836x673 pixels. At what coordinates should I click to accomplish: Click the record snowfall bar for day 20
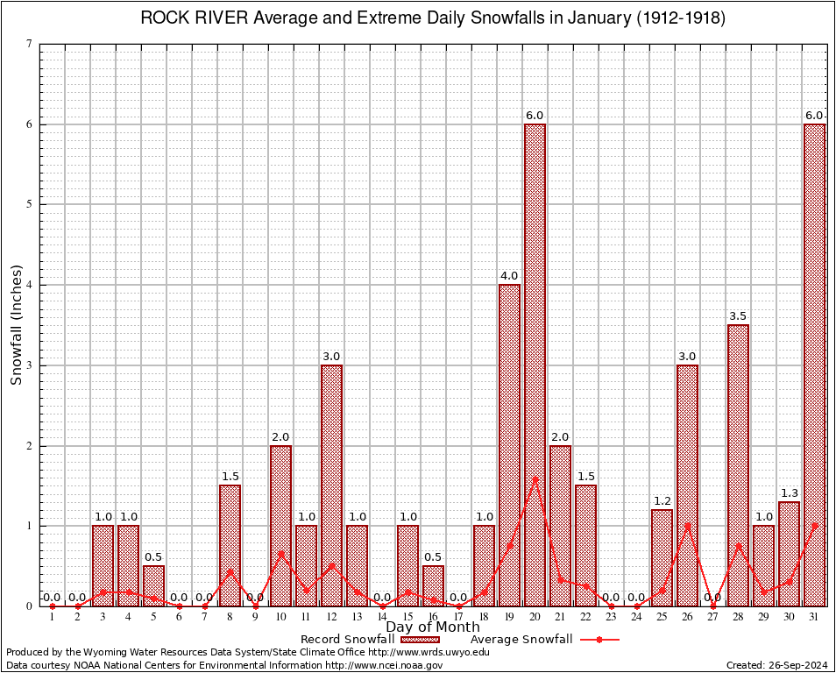click(535, 365)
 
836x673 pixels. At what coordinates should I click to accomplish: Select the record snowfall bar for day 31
click(814, 365)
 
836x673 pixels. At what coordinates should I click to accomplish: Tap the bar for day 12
click(331, 485)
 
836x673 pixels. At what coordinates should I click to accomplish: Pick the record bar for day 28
click(738, 465)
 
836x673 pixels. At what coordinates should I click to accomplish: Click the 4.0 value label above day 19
click(509, 276)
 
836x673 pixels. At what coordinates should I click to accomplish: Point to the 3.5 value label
click(738, 316)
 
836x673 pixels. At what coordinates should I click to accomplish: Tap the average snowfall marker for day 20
click(535, 479)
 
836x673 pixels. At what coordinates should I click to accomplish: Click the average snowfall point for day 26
click(687, 526)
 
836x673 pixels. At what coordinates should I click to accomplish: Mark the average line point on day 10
click(280, 553)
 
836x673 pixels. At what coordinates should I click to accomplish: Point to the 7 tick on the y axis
click(29, 44)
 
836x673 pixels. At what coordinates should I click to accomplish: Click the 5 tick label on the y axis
click(29, 204)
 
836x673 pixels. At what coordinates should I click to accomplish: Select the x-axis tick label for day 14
click(382, 618)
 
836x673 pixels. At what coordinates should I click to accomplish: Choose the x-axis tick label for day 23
click(611, 618)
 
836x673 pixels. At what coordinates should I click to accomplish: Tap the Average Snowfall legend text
click(521, 640)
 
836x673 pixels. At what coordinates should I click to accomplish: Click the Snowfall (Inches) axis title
click(16, 325)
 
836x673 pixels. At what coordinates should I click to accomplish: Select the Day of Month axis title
click(433, 627)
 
